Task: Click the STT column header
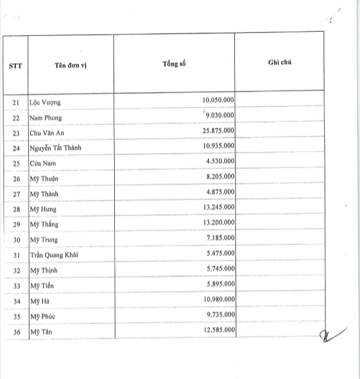click(16, 65)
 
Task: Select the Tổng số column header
click(174, 62)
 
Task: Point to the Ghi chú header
click(280, 62)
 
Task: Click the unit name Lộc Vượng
click(44, 103)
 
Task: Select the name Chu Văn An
click(47, 133)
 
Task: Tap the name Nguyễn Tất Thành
click(56, 148)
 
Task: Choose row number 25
click(16, 163)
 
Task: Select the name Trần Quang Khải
click(55, 254)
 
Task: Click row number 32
click(16, 270)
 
